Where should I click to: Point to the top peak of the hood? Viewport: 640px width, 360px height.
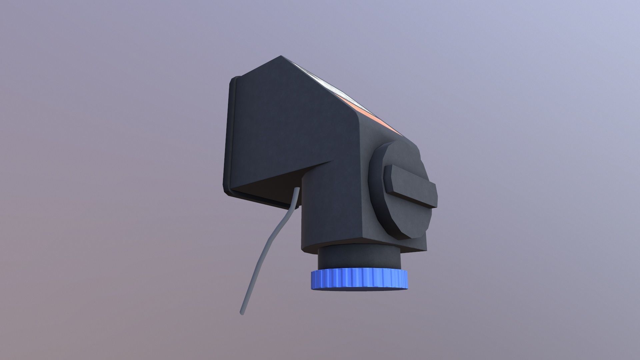pyautogui.click(x=282, y=57)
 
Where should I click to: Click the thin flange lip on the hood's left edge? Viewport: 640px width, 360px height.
pyautogui.click(x=229, y=133)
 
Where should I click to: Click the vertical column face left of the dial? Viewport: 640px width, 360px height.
pyautogui.click(x=333, y=207)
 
